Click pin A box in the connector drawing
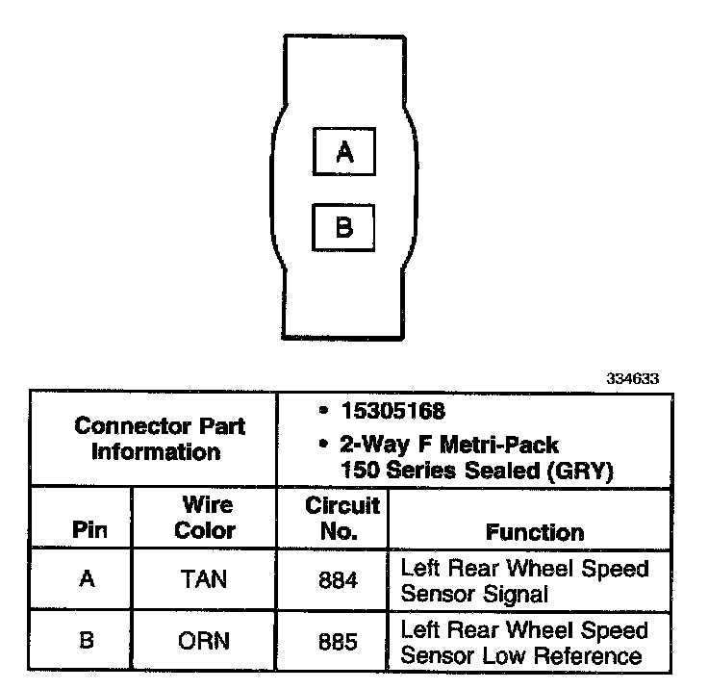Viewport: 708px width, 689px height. click(x=344, y=151)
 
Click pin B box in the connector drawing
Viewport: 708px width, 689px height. click(x=344, y=227)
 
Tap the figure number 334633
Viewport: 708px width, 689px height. click(x=632, y=378)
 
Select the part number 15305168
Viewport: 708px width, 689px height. click(x=392, y=412)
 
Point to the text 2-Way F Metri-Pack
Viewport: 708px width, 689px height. click(x=450, y=446)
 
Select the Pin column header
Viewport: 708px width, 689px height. click(x=88, y=530)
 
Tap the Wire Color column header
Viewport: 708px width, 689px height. click(x=205, y=518)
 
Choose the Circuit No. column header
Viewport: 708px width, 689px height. click(x=342, y=518)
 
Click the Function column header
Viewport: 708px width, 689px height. click(x=535, y=532)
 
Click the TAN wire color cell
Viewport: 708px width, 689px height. click(x=204, y=581)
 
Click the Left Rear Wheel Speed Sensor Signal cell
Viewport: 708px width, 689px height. click(x=524, y=581)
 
